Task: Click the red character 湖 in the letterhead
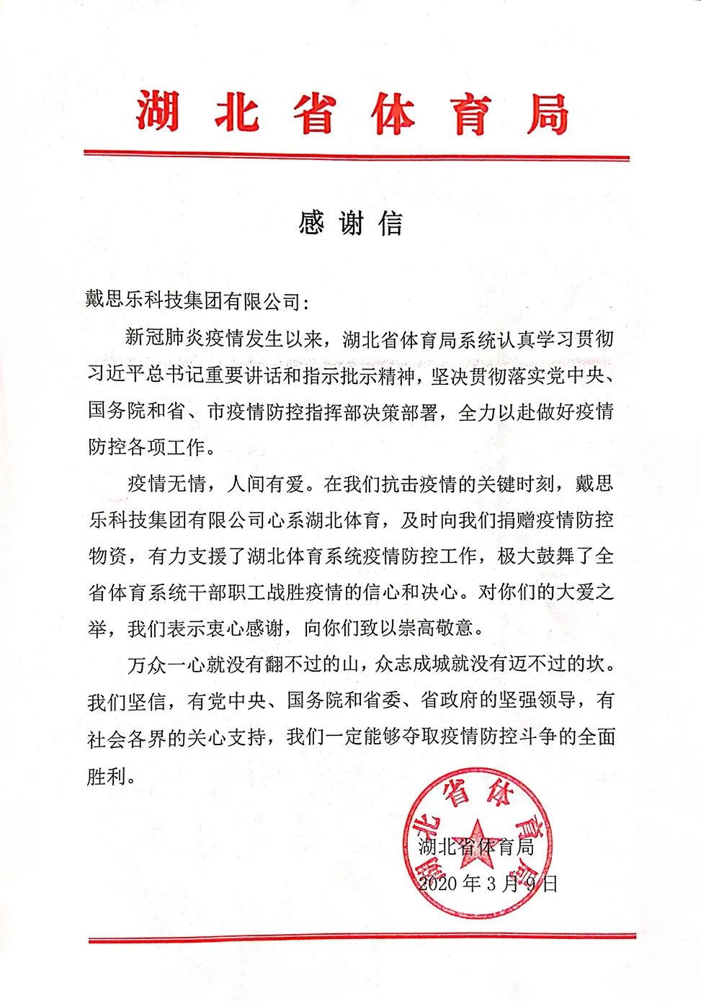pyautogui.click(x=157, y=112)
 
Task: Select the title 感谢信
pyautogui.click(x=351, y=224)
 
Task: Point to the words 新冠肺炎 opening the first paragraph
pyautogui.click(x=165, y=337)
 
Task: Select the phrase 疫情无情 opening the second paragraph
pyautogui.click(x=165, y=483)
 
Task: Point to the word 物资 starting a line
pyautogui.click(x=107, y=556)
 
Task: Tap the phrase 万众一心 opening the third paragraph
pyautogui.click(x=165, y=664)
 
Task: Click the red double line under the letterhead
pyautogui.click(x=356, y=156)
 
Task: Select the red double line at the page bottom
pyautogui.click(x=362, y=938)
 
